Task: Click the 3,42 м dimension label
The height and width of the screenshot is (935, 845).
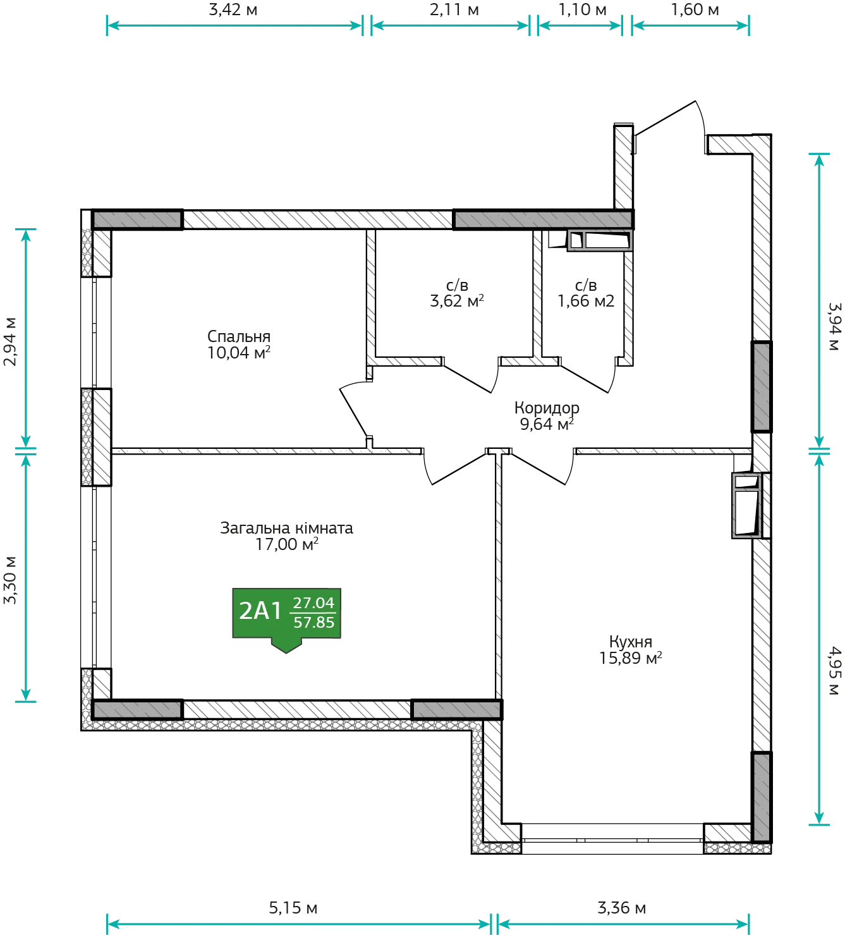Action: point(233,9)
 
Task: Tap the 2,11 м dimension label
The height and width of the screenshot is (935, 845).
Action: point(454,9)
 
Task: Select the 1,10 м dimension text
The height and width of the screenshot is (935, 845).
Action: point(582,9)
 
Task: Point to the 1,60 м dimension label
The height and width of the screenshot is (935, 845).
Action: point(695,9)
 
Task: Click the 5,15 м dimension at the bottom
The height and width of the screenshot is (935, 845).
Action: point(293,908)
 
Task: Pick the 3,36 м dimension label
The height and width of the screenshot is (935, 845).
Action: point(622,908)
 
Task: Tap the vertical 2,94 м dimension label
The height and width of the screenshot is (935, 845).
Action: point(9,341)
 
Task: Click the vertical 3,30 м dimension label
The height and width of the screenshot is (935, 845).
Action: point(9,580)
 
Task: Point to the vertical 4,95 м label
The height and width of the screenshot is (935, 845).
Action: point(835,671)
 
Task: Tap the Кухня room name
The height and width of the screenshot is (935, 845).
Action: point(631,642)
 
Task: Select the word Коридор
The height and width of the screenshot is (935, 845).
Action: point(547,408)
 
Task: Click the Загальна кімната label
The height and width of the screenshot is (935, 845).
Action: point(286,528)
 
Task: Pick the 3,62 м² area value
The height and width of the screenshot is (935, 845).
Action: point(457,301)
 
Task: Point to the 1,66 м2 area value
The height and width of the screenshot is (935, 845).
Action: point(586,301)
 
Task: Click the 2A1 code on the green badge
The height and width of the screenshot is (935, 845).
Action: point(260,611)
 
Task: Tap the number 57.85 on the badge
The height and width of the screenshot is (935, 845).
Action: point(313,622)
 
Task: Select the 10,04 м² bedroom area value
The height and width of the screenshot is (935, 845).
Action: point(239,352)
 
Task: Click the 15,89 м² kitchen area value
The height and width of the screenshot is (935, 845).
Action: point(631,658)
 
